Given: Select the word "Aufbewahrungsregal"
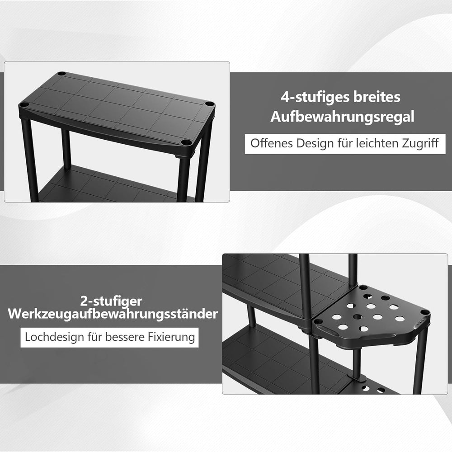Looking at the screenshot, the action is tap(342, 117).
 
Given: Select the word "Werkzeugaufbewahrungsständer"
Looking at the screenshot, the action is tap(113, 314).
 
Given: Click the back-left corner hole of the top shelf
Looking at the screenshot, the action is tap(61, 74).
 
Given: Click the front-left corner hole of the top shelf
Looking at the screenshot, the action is tap(24, 104).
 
